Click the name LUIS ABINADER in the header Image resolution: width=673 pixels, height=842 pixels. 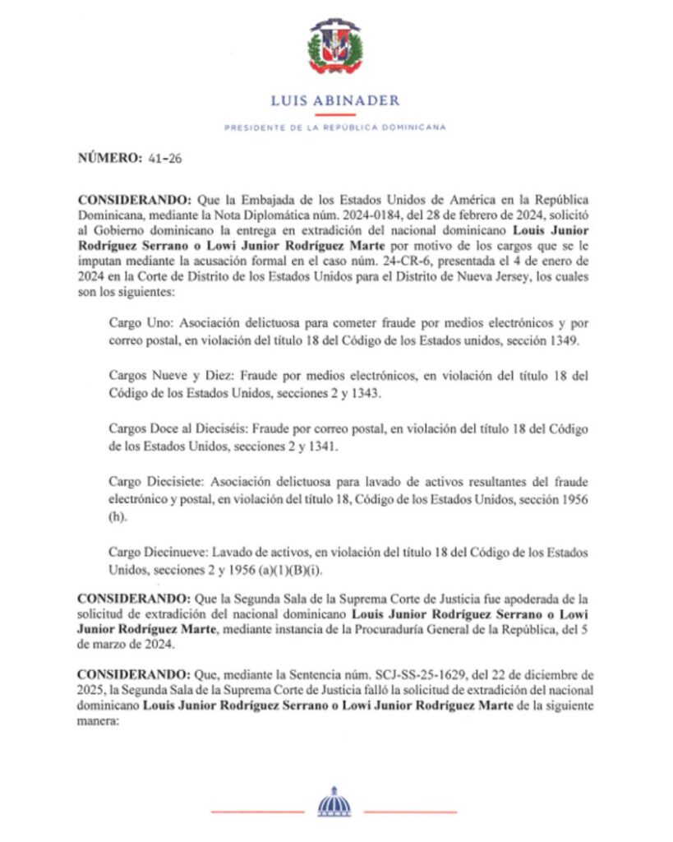pyautogui.click(x=335, y=100)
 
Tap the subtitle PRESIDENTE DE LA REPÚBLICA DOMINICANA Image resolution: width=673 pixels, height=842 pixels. pyautogui.click(x=335, y=127)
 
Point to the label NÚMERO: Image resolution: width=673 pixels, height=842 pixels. pyautogui.click(x=109, y=159)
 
